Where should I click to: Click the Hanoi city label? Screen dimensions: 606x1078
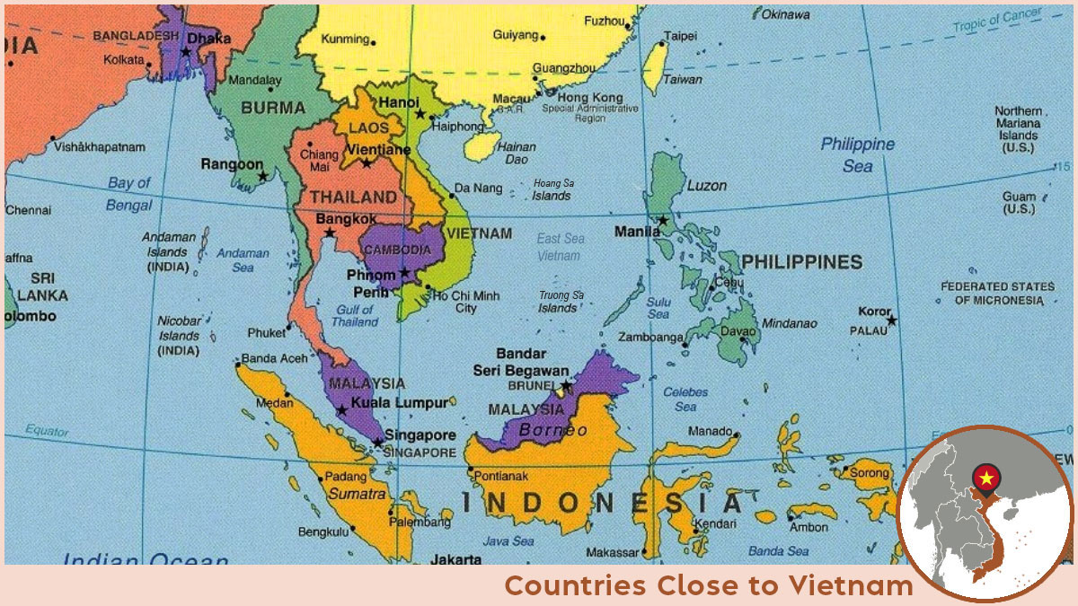(399, 102)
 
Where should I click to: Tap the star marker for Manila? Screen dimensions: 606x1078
(663, 220)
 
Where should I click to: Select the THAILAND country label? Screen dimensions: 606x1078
(353, 197)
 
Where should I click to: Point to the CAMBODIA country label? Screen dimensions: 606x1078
(396, 249)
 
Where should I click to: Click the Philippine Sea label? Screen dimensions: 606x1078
(857, 154)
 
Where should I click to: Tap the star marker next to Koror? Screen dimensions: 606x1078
(891, 321)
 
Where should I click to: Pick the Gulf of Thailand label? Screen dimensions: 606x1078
(355, 315)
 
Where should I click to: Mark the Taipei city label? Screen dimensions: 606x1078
(680, 38)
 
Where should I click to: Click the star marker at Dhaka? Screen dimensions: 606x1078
(186, 52)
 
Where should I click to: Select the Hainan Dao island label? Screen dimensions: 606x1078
(517, 153)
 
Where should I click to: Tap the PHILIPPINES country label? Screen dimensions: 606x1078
(801, 262)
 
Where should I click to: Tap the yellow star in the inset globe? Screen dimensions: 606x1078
(985, 477)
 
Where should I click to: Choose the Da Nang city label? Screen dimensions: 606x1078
(478, 188)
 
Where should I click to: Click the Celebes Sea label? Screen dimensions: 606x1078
(685, 399)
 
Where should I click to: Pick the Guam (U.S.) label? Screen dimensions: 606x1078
(1019, 203)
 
